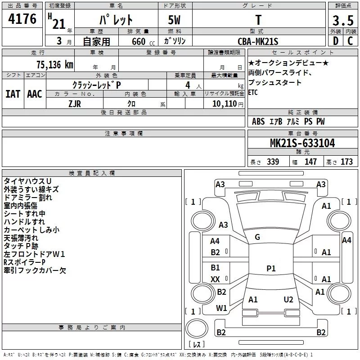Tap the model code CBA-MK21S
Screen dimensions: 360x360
tap(258, 41)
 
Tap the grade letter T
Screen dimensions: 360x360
tap(258, 20)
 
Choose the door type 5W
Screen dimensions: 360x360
tap(175, 20)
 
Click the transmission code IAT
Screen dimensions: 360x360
tap(13, 94)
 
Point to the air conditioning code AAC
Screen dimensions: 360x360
tap(35, 94)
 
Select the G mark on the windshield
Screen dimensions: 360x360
tap(257, 237)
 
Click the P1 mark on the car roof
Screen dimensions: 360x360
tap(270, 269)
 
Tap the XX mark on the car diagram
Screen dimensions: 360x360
tap(215, 279)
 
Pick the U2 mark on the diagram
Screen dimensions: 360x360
tap(288, 299)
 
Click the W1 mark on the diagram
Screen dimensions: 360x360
tap(221, 308)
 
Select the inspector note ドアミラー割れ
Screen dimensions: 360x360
tap(28, 197)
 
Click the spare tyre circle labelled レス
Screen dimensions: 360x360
tap(197, 345)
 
